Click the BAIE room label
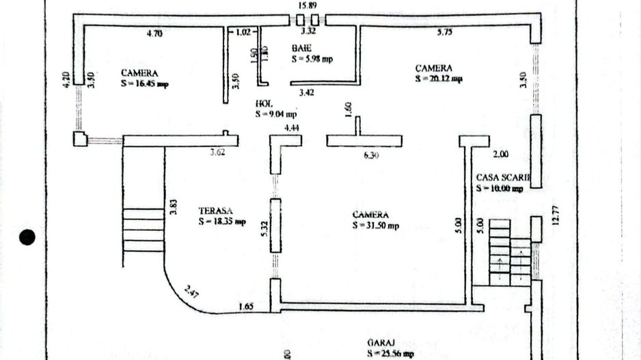coord(301,49)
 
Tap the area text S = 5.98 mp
coord(312,59)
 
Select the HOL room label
coord(264,104)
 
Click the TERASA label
coord(214,211)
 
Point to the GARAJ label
coord(379,343)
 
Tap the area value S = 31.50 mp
coord(376,225)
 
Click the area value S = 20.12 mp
coord(439,79)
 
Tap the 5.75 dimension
coord(446,31)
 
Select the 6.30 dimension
coord(371,155)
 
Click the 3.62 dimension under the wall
coord(217,152)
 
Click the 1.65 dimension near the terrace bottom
coord(246,307)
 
